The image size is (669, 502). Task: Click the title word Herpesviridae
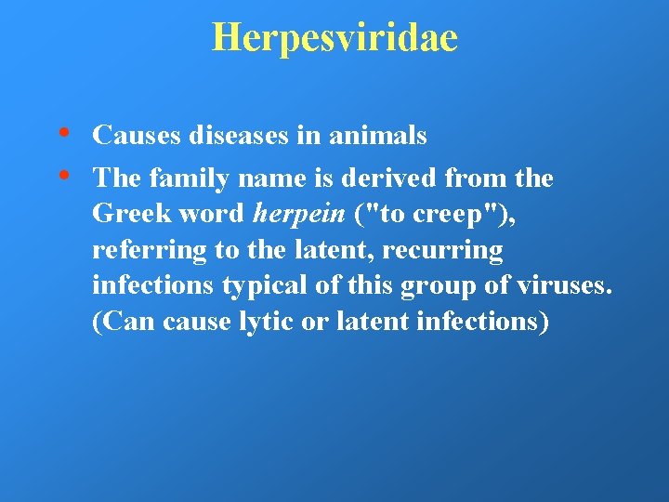click(334, 38)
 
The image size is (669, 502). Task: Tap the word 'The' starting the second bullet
click(114, 178)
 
